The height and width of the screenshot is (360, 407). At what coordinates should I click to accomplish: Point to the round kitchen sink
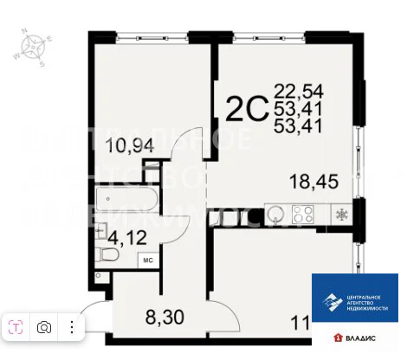pos(276,213)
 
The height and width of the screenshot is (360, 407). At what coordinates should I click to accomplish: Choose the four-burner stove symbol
pos(304,213)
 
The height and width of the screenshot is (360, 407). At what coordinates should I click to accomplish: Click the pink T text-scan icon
pos(16,327)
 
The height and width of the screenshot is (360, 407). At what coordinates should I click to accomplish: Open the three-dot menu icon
pos(71,327)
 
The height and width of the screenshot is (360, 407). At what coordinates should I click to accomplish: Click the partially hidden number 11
pos(299,325)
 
